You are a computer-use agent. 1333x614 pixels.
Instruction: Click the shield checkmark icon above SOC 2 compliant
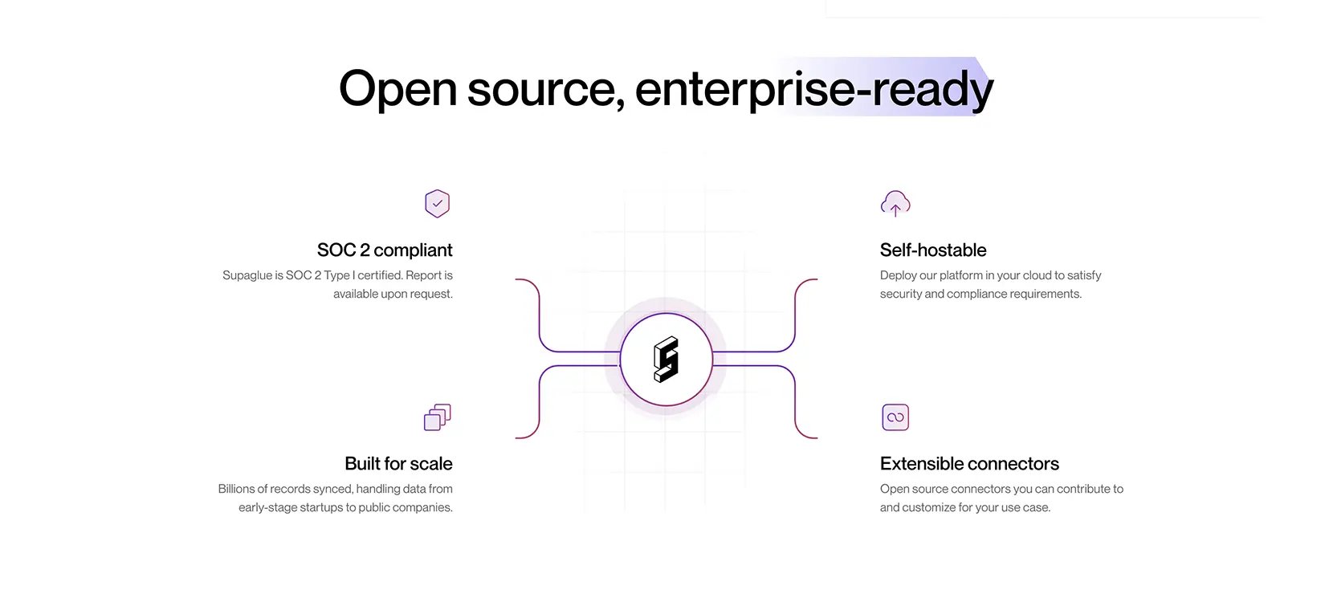pyautogui.click(x=438, y=204)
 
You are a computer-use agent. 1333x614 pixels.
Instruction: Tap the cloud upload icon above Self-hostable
pyautogui.click(x=895, y=204)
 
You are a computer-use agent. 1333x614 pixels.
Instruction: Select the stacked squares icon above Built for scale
pyautogui.click(x=438, y=417)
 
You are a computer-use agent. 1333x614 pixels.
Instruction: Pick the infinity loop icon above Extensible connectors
pyautogui.click(x=895, y=417)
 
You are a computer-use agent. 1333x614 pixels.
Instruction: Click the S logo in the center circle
pyautogui.click(x=666, y=360)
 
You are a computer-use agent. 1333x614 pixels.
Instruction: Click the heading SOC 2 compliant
pyautogui.click(x=385, y=250)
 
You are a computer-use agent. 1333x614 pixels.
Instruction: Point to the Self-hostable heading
pyautogui.click(x=933, y=250)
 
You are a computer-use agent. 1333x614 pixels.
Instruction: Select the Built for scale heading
pyautogui.click(x=399, y=463)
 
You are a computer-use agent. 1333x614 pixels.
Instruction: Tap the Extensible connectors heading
pyautogui.click(x=969, y=463)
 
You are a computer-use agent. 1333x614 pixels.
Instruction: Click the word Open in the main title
pyautogui.click(x=397, y=88)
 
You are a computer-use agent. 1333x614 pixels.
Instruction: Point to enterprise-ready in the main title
pyautogui.click(x=814, y=89)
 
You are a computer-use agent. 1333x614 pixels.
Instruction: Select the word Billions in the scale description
pyautogui.click(x=236, y=489)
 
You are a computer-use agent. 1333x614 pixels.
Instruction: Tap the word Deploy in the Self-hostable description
pyautogui.click(x=897, y=275)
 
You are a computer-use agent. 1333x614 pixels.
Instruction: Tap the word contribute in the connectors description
pyautogui.click(x=1082, y=489)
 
